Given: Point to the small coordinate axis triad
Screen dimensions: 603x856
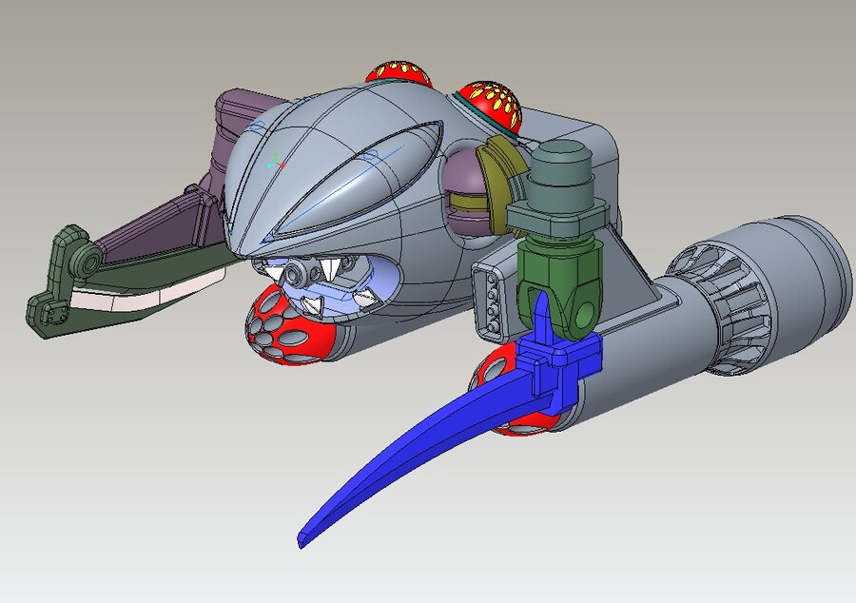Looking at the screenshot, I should click(x=275, y=161).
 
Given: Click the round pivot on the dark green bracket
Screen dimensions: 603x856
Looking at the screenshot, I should click(x=88, y=261).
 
